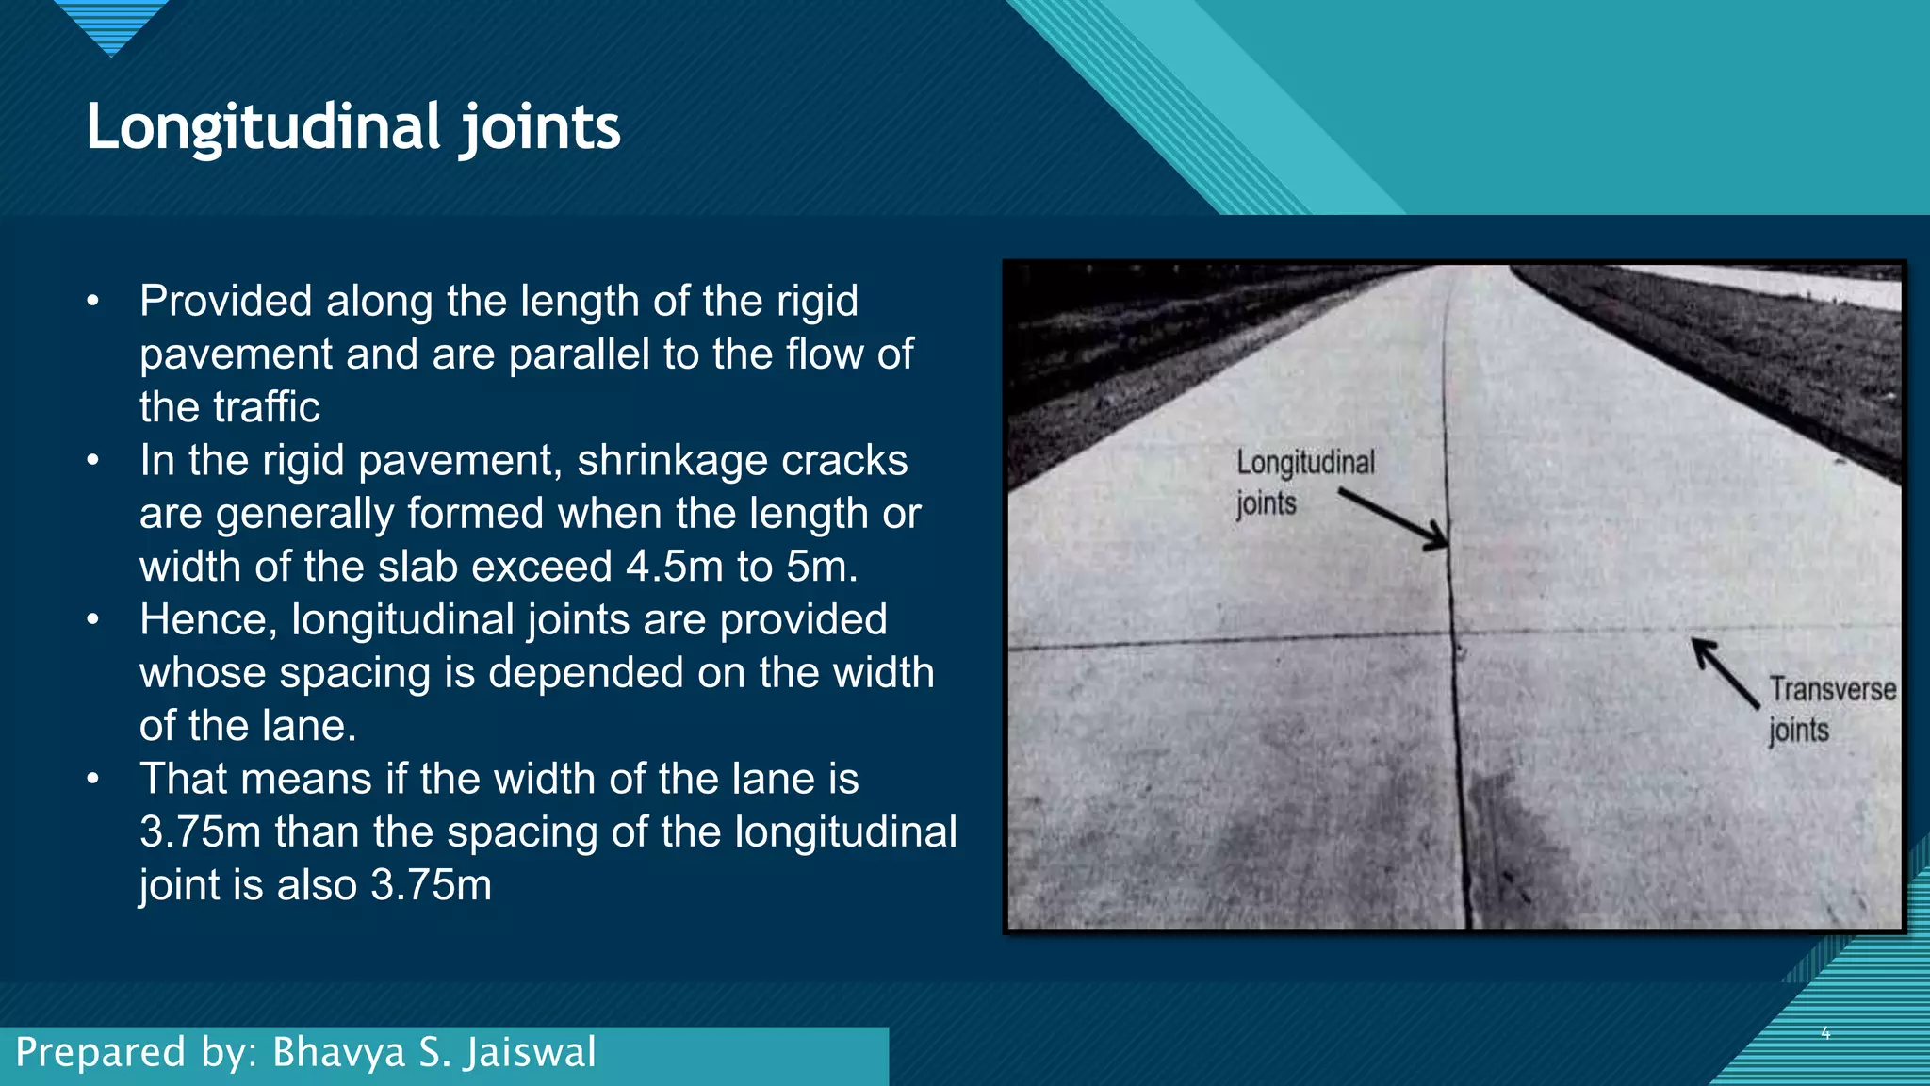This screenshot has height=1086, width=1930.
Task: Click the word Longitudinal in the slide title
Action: click(263, 127)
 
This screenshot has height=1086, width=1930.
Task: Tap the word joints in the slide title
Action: click(541, 127)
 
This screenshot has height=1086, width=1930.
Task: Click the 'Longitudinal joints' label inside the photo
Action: click(1304, 482)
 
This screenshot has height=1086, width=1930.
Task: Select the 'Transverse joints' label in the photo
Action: click(1831, 709)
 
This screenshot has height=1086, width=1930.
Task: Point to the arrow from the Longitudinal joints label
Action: click(1394, 518)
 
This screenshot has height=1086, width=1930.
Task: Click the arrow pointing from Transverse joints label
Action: click(1724, 671)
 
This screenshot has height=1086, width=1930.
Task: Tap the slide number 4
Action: click(1825, 1033)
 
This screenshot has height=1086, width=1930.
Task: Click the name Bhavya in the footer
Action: click(338, 1052)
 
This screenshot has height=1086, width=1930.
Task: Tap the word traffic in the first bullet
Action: click(267, 407)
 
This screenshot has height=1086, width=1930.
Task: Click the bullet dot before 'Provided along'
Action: click(92, 302)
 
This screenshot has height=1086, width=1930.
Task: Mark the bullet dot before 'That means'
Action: click(92, 780)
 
